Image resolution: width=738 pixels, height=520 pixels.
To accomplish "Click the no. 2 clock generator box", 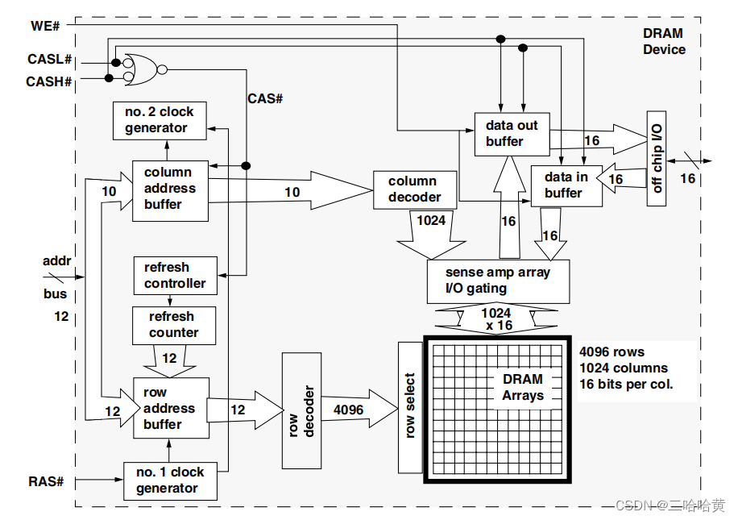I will pyautogui.click(x=159, y=120).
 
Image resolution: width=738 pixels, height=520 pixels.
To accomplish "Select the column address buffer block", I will pyautogui.click(x=169, y=189).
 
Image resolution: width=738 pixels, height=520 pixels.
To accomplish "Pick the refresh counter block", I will pyautogui.click(x=173, y=325).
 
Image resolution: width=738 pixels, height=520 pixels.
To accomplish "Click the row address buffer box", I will pyautogui.click(x=170, y=408).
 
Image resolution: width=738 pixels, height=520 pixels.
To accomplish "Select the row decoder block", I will pyautogui.click(x=300, y=410).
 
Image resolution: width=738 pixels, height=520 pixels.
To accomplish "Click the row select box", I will pyautogui.click(x=410, y=408).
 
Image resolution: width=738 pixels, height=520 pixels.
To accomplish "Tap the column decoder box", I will pyautogui.click(x=414, y=189).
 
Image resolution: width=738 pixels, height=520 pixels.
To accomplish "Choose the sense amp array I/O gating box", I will pyautogui.click(x=497, y=281).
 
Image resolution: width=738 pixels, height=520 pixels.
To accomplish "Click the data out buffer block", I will pyautogui.click(x=511, y=134).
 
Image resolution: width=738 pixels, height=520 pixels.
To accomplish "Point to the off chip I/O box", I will pyautogui.click(x=656, y=158).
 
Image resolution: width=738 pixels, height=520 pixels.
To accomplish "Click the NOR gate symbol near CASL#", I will pyautogui.click(x=140, y=69).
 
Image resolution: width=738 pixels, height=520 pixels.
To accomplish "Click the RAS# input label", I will pyautogui.click(x=45, y=481).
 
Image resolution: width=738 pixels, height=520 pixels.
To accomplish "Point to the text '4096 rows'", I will pyautogui.click(x=612, y=352).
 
